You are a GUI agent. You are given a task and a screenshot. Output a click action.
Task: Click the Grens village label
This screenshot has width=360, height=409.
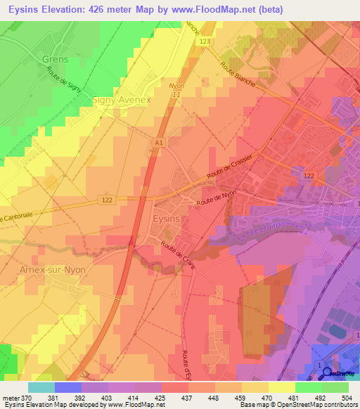coord(56,59)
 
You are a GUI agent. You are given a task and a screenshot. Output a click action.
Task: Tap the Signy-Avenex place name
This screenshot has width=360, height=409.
coord(122,100)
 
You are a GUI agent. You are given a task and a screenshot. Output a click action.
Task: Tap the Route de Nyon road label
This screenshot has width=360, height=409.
coord(217,198)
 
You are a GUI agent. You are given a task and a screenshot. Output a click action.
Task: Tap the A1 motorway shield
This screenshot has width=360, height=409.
coord(159,143)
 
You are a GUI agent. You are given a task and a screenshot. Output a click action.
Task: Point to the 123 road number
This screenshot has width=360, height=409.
coord(204,42)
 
